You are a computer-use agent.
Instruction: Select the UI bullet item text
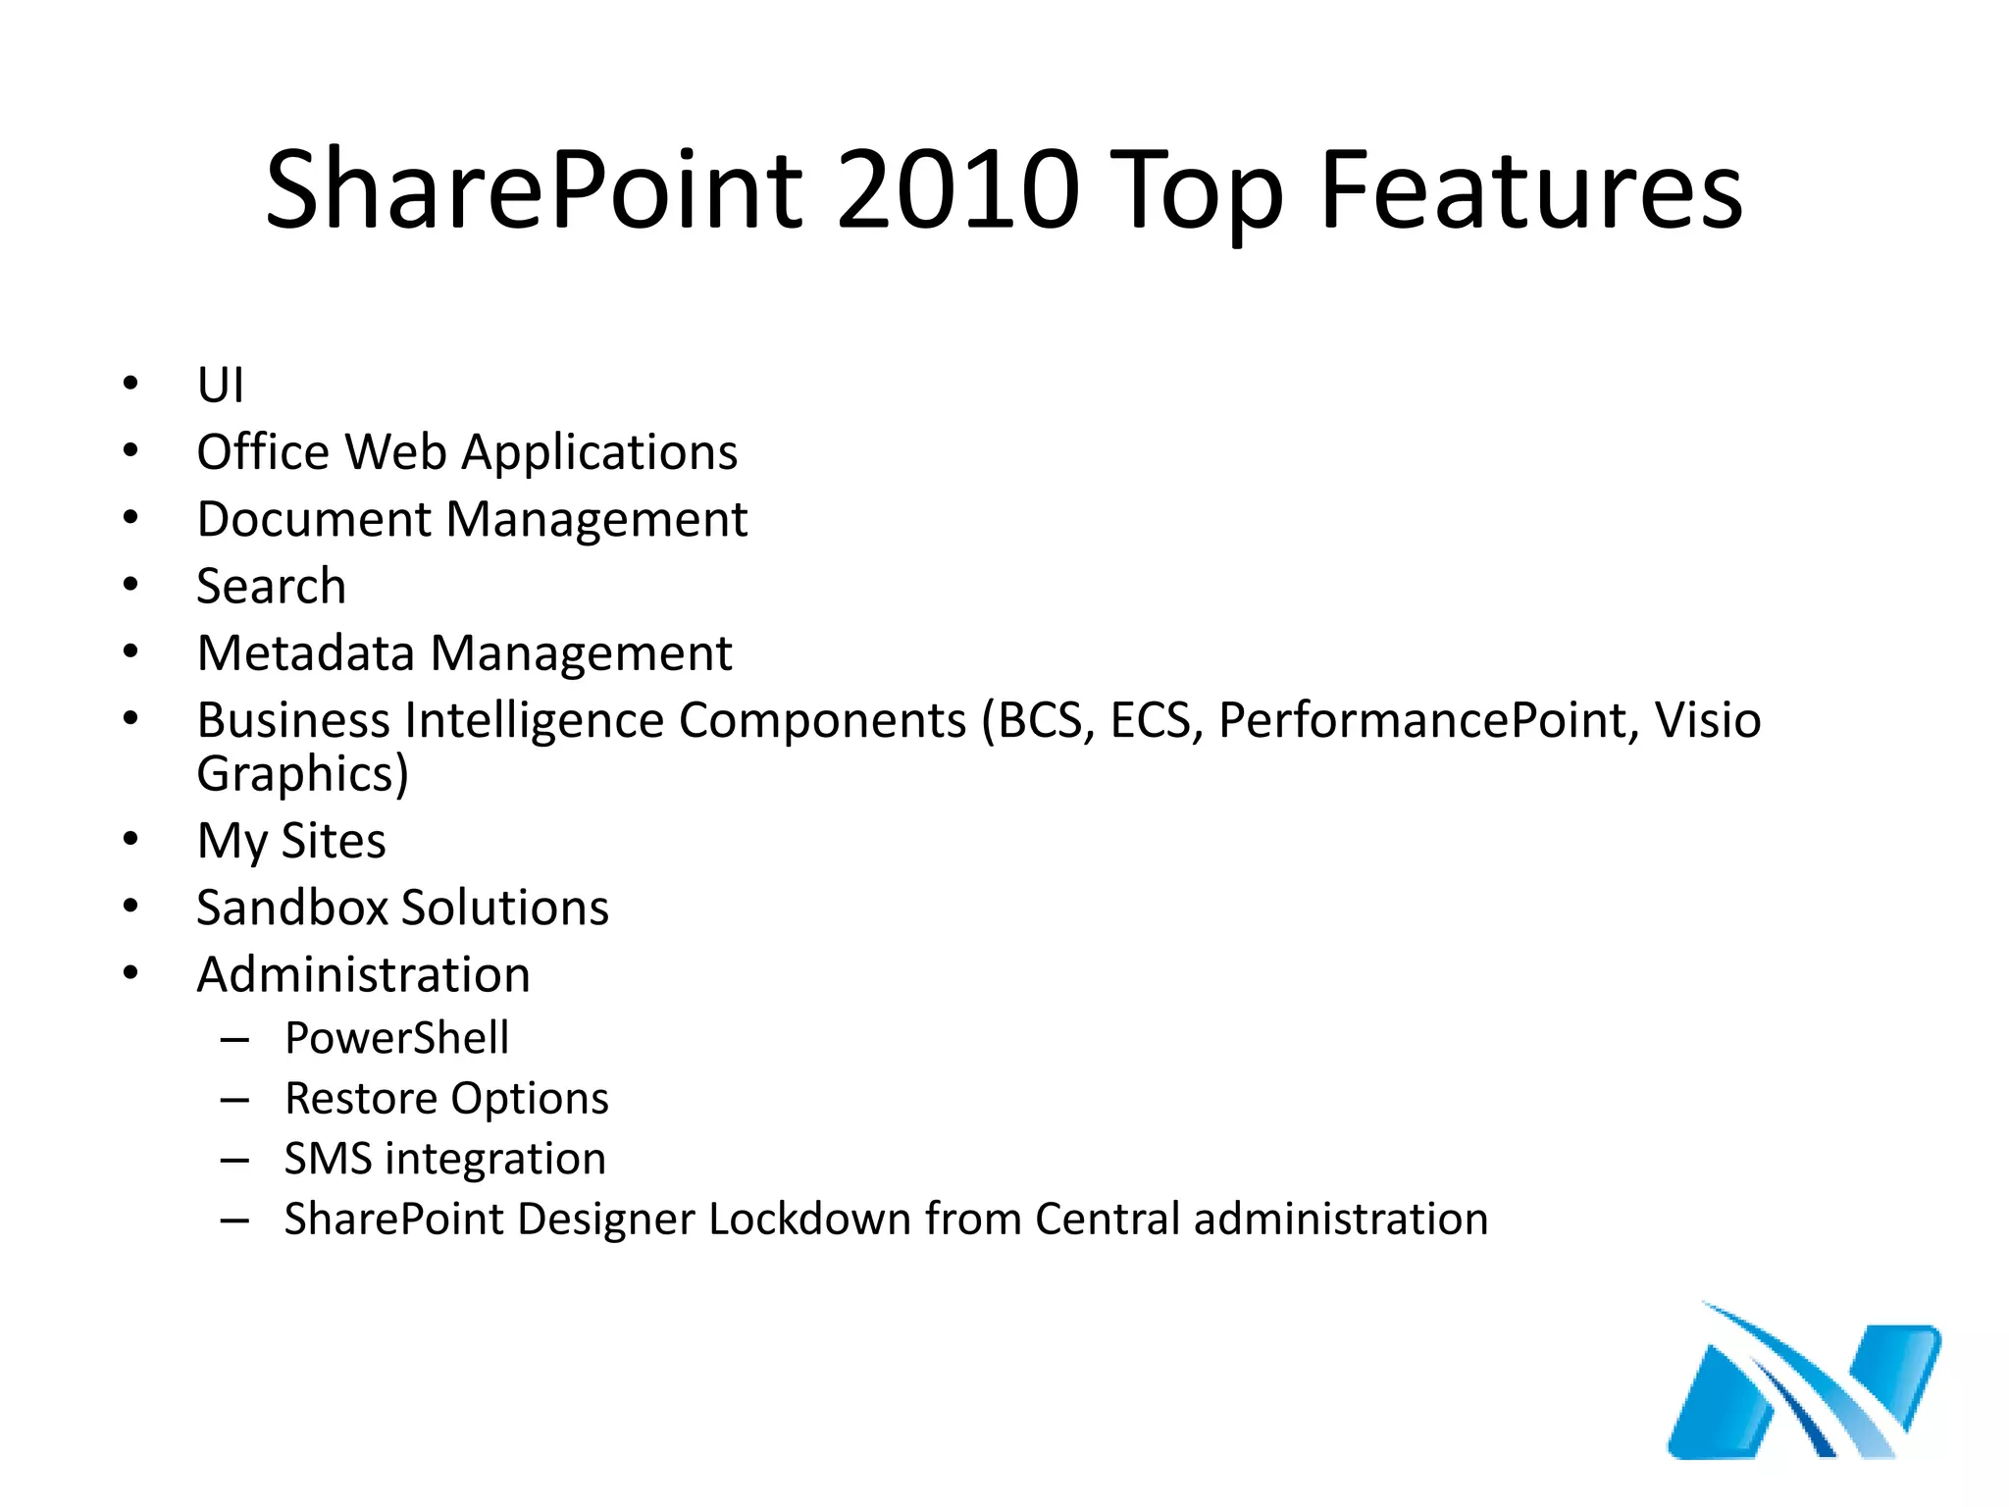coord(220,385)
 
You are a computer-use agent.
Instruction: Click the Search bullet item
coord(271,586)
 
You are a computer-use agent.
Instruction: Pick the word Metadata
coord(305,653)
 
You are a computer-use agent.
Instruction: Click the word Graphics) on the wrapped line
coord(302,774)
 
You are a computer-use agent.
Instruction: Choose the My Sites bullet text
coord(291,841)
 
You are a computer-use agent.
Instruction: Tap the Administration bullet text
coord(363,974)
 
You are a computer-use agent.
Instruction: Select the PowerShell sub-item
coord(396,1038)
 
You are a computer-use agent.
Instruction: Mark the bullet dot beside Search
coord(130,586)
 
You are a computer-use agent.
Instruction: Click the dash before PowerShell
coord(234,1039)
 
